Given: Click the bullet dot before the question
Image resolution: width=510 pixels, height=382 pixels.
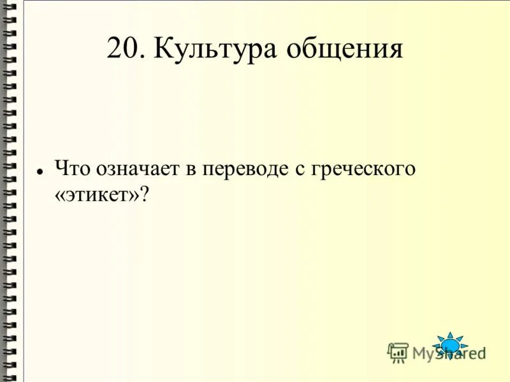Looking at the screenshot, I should (x=40, y=172).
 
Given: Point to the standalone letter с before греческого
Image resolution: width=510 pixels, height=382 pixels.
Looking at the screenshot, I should (x=300, y=169).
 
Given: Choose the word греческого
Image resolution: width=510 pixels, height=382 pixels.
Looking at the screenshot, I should (x=364, y=169).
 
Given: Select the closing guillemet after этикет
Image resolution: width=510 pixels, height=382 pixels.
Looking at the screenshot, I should (x=133, y=196).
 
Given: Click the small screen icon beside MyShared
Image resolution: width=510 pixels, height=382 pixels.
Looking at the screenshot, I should (x=398, y=352).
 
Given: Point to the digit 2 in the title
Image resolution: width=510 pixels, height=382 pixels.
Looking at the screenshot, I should (x=115, y=49).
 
